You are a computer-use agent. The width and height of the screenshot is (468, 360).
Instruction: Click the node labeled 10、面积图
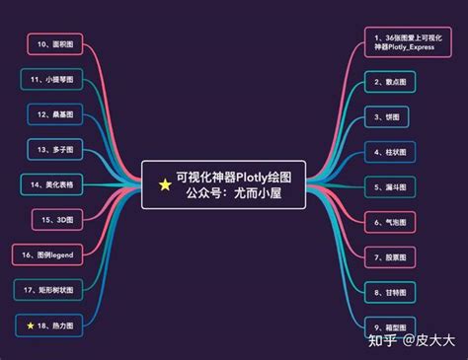56,44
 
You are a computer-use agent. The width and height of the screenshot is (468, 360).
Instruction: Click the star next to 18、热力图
31,324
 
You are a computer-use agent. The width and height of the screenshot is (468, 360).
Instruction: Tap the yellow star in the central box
165,184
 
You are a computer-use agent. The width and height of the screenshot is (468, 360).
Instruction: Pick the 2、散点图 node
393,81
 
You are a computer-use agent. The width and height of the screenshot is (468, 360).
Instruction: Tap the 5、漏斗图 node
393,185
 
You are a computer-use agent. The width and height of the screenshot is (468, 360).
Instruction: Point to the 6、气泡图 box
393,221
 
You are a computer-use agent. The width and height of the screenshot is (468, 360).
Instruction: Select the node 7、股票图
393,256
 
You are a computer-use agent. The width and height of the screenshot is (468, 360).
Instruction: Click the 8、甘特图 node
393,291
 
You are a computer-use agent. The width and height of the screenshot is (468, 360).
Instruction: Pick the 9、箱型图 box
393,326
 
